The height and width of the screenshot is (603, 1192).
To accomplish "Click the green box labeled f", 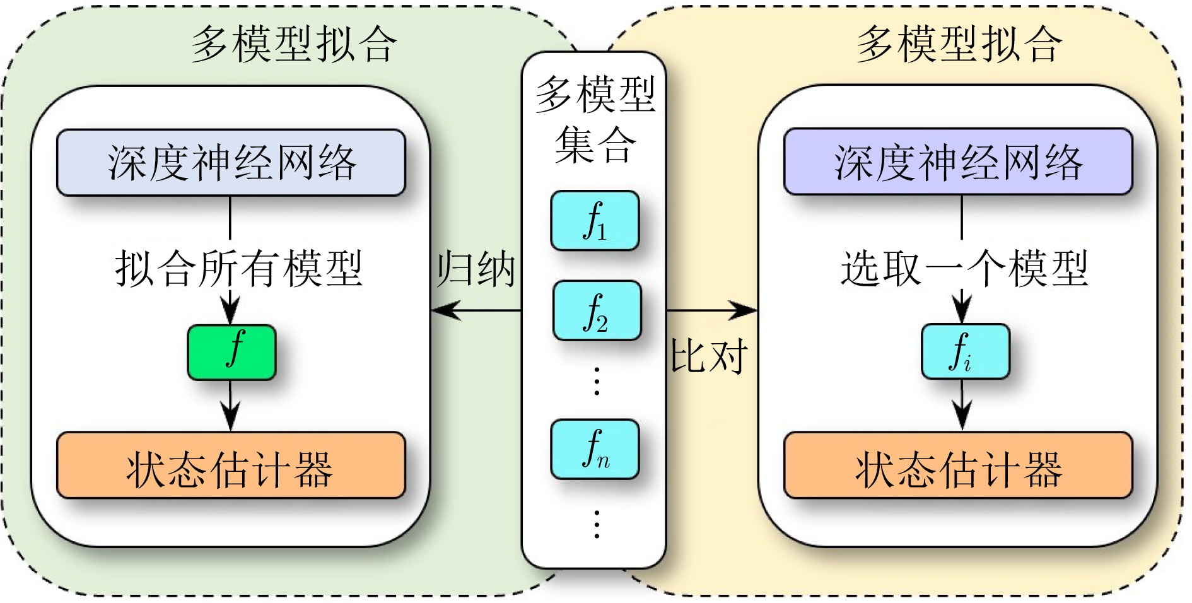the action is click(231, 352).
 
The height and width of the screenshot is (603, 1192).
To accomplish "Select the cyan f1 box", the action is click(595, 221).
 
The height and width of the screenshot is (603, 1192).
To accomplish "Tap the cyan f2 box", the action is click(597, 311).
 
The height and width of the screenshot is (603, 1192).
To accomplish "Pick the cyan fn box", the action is click(595, 449).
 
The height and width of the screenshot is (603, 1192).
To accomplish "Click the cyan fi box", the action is click(966, 351).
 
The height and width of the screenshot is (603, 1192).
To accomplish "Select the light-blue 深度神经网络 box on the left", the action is click(231, 163).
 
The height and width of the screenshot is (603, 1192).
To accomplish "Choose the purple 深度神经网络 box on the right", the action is click(958, 161).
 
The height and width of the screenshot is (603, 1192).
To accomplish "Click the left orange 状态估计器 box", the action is click(231, 465).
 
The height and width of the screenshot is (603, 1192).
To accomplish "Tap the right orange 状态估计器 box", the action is click(958, 465).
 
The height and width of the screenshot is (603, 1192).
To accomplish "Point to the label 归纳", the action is click(476, 268).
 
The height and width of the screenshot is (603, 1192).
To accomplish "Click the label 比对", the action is click(709, 356).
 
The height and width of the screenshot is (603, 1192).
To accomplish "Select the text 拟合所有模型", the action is click(239, 268).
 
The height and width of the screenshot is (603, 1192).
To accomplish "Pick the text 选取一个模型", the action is click(964, 268).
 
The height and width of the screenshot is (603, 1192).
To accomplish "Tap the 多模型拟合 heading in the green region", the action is click(295, 44).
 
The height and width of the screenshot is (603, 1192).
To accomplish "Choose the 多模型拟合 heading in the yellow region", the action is click(959, 44).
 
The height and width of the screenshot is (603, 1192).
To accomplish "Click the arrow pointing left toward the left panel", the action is click(476, 310).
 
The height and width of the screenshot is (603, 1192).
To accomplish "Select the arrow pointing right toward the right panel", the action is click(712, 310).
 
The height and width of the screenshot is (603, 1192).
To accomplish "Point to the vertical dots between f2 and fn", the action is click(597, 380).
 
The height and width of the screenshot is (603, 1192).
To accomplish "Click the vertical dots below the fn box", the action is click(597, 524).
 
